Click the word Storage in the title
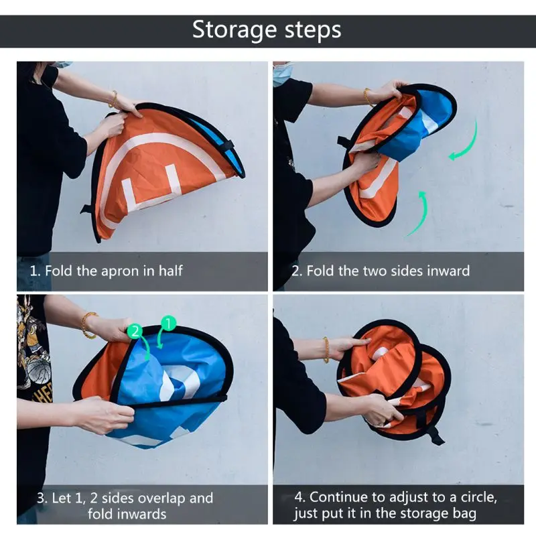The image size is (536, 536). point(234,30)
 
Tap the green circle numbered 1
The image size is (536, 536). point(168,323)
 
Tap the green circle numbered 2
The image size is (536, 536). point(135,331)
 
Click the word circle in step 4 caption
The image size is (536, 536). point(478,497)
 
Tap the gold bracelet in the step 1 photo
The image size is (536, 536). point(113,98)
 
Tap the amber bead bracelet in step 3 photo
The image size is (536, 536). point(87,325)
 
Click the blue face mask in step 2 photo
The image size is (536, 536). point(283,73)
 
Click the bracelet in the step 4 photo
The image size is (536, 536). point(326,349)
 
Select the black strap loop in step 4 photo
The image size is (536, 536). point(435,434)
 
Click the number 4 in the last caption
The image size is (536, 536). point(299,497)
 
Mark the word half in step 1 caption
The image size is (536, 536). point(170,271)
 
